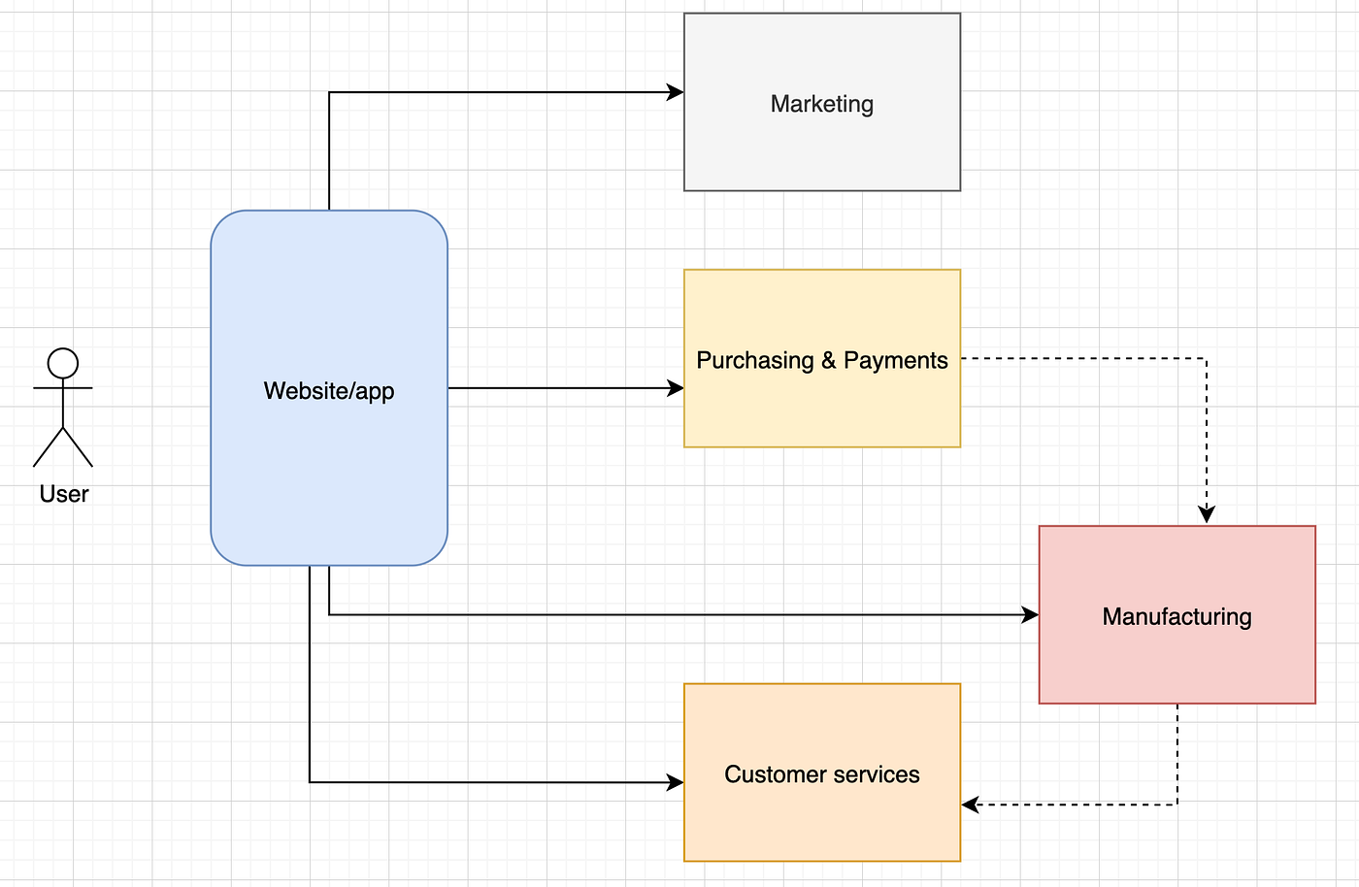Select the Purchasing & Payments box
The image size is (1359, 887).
tap(821, 408)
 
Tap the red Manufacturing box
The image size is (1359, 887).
tap(1177, 660)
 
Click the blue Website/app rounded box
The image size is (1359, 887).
tap(328, 466)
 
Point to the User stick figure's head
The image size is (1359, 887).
tap(63, 363)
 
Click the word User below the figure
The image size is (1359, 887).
tap(64, 494)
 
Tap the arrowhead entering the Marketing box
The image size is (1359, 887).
tap(677, 92)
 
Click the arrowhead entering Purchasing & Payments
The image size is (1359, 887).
tap(677, 388)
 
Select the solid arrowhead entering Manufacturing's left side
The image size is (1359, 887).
tap(1031, 614)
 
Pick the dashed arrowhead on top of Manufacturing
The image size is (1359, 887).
tap(1207, 515)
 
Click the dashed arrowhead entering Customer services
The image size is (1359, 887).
tap(970, 805)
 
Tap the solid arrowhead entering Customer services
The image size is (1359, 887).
tap(677, 782)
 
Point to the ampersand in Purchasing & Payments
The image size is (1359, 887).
tap(828, 360)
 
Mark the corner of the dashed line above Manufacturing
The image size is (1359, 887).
tap(1207, 358)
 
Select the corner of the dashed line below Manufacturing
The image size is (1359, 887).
tap(1177, 805)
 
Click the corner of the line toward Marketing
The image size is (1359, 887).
tap(329, 92)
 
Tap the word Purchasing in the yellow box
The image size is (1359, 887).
tap(755, 360)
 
